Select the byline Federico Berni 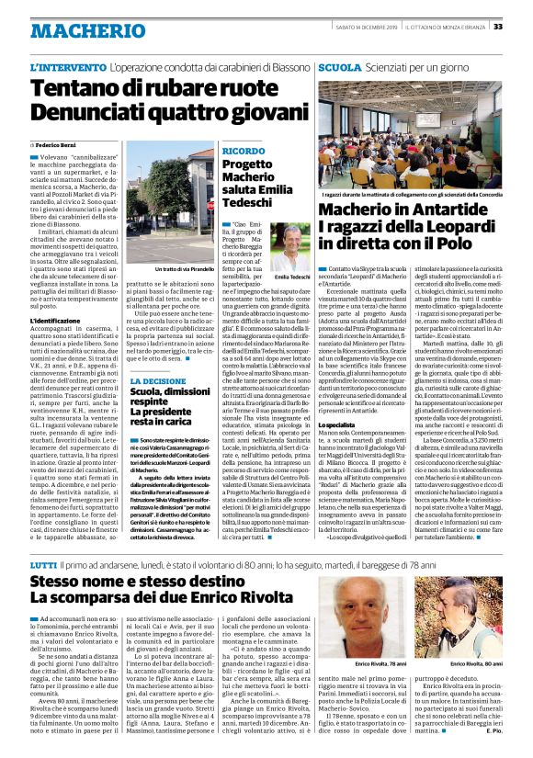(x=59, y=145)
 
